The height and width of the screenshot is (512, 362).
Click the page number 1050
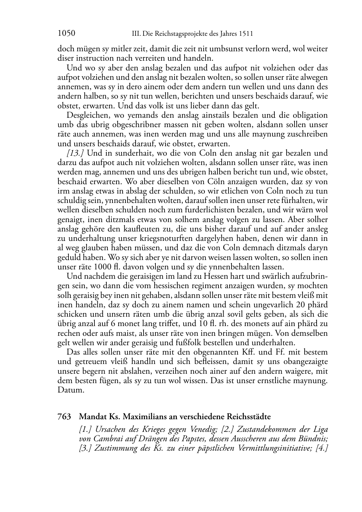pyautogui.click(x=66, y=34)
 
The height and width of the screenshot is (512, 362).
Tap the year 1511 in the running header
pyautogui.click(x=245, y=34)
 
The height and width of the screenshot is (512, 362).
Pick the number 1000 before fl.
pyautogui.click(x=102, y=267)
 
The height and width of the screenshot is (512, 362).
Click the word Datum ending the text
pyautogui.click(x=71, y=390)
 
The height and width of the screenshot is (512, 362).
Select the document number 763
pyautogui.click(x=64, y=417)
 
